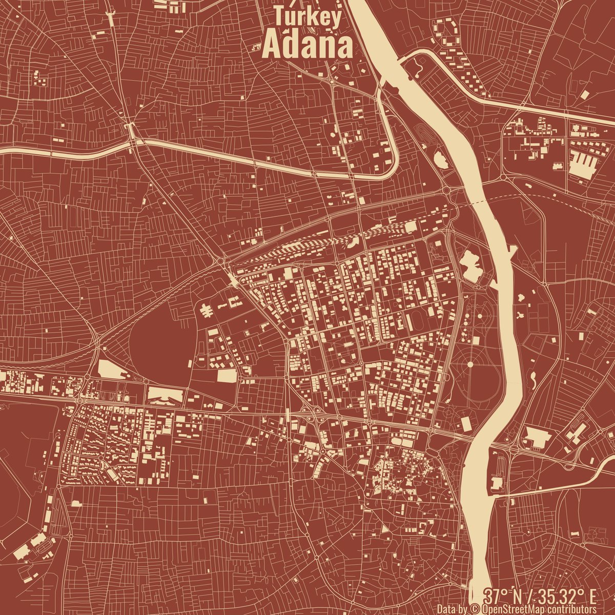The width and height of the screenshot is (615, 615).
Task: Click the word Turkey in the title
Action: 307,16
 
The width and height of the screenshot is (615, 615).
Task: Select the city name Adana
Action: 307,47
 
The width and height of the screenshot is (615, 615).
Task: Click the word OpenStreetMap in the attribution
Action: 512,609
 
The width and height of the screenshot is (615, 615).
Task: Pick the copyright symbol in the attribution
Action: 474,609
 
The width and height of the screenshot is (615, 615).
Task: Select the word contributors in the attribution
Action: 571,609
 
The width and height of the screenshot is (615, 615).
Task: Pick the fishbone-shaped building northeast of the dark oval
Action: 206,310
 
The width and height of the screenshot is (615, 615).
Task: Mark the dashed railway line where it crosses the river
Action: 479,201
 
